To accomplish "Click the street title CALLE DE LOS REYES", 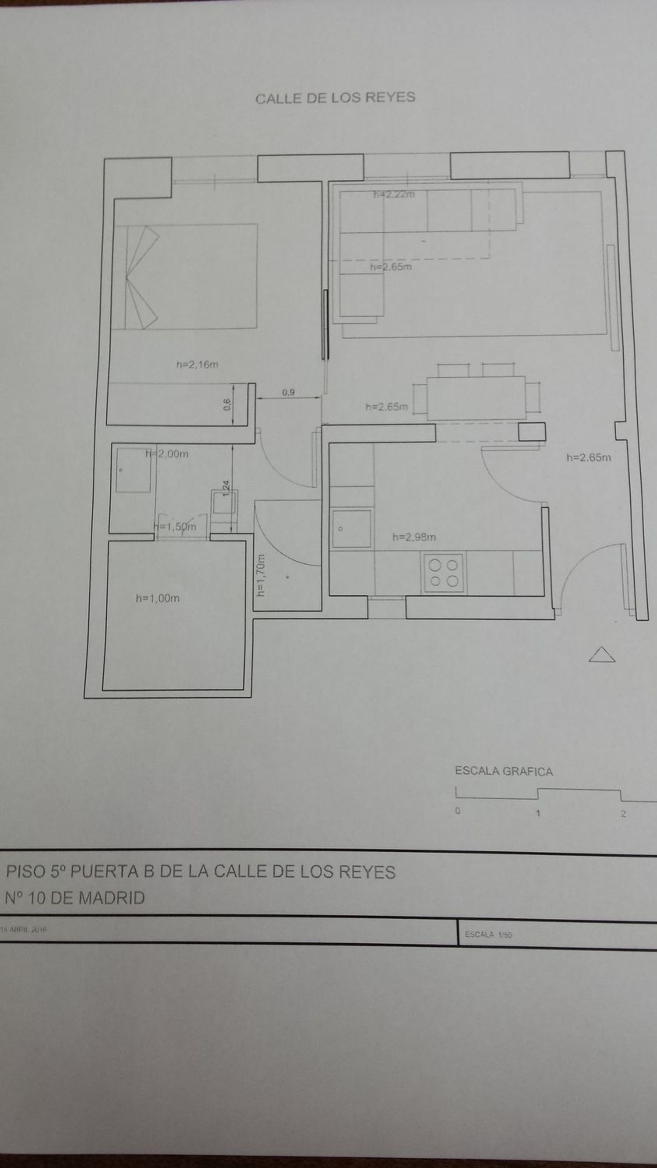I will click(335, 98).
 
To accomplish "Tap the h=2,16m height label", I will click(197, 364).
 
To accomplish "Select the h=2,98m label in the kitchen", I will click(414, 537).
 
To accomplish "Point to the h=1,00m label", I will click(158, 598).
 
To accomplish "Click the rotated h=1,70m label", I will click(261, 575).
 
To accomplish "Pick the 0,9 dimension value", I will click(288, 392).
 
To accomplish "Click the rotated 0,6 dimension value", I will click(227, 404).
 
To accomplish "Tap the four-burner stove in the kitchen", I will click(443, 573).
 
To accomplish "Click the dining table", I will click(476, 398).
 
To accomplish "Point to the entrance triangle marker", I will click(602, 655).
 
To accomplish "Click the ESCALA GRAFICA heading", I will click(504, 771).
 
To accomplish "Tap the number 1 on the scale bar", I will click(538, 813).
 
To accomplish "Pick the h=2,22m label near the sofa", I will click(394, 195).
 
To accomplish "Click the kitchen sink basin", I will click(351, 529).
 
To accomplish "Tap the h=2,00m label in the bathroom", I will click(167, 453).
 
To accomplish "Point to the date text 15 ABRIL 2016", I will click(24, 929).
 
